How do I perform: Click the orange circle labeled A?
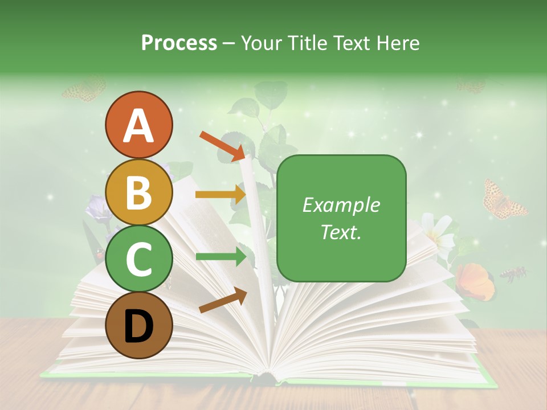click(138, 125)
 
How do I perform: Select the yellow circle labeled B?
click(138, 192)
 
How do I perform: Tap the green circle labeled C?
click(138, 259)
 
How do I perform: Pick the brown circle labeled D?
click(138, 325)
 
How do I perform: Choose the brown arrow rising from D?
click(223, 301)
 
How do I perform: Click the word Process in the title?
click(179, 43)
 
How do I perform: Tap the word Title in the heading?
click(309, 43)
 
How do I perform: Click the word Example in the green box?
click(341, 206)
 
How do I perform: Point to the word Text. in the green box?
click(341, 232)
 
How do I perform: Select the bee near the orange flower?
click(513, 274)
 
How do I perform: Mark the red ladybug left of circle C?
click(100, 255)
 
